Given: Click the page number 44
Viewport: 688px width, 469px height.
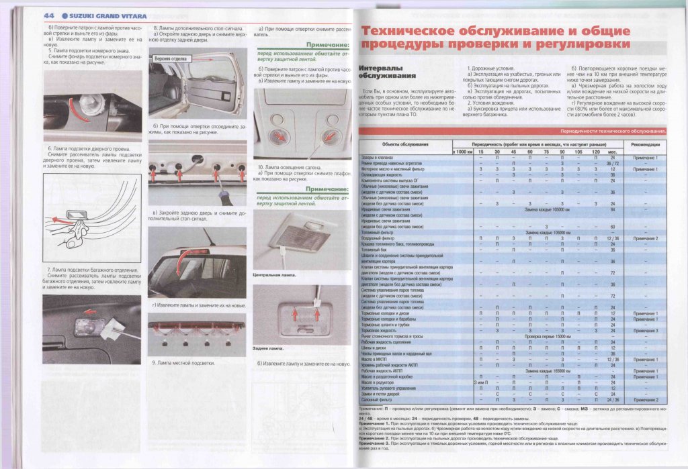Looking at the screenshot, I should pos(49,15).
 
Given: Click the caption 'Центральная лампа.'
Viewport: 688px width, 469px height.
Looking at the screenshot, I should pos(275,275).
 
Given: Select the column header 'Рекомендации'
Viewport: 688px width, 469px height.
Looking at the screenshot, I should pos(646,145).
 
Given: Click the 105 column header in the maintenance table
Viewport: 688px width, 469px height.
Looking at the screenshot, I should pos(578,152).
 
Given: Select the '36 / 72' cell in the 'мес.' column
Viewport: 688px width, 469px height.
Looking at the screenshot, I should pos(613,163).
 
